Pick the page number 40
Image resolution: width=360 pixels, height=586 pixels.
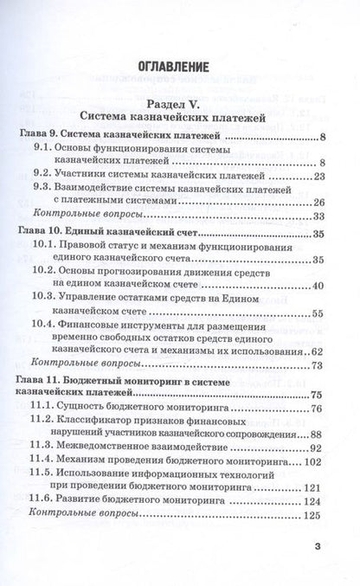pos(317,309)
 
